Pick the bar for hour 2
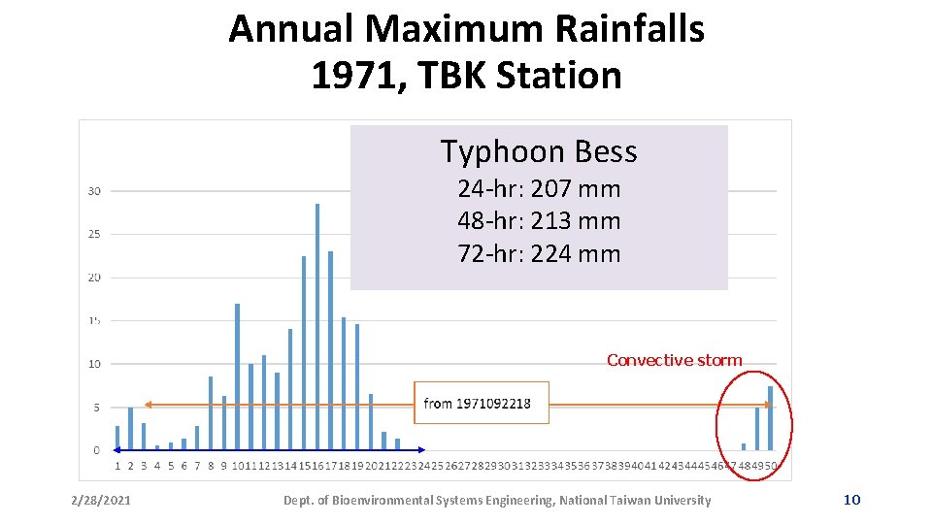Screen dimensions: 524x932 (x=130, y=429)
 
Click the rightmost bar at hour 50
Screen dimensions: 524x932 (x=771, y=418)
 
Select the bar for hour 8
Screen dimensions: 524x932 (x=211, y=413)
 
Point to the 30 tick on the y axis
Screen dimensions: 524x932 (x=94, y=191)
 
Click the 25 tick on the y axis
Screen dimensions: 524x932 (x=94, y=234)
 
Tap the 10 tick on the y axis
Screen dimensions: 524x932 (x=94, y=364)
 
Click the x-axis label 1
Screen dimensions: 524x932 (x=117, y=466)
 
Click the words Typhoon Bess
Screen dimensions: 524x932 (x=539, y=151)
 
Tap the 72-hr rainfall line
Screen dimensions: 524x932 (x=539, y=254)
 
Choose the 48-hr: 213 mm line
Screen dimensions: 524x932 (x=539, y=221)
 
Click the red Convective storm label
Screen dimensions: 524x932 (x=674, y=360)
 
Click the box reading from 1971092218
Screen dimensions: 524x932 (x=482, y=403)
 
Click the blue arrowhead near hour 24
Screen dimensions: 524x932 (x=421, y=450)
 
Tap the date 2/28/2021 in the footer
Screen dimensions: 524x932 (x=101, y=501)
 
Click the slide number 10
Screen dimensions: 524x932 (x=851, y=500)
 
